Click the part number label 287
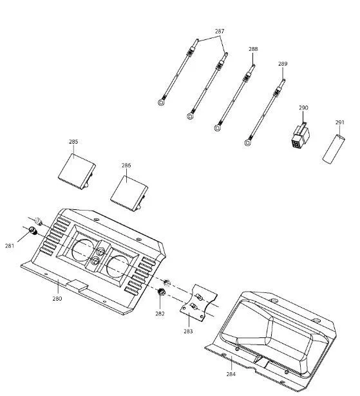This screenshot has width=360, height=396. tap(220, 32)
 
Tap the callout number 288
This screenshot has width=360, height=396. tap(253, 49)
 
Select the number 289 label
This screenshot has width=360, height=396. tap(283, 64)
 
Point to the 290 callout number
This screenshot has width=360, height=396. tap(303, 108)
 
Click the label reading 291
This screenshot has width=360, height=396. tap(340, 122)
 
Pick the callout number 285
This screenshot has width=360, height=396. tap(73, 142)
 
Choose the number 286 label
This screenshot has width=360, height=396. tap(126, 165)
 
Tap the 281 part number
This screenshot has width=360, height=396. tap(10, 245)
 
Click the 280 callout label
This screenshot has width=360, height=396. tap(57, 298)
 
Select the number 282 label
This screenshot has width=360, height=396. tap(160, 314)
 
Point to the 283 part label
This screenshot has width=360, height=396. tap(188, 331)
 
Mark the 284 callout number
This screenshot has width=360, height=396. tap(231, 374)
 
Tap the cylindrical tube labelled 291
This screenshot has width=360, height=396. tap(334, 149)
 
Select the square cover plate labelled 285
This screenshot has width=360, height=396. tap(77, 171)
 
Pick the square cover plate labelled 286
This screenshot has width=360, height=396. tap(129, 193)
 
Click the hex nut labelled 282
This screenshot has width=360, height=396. tap(160, 292)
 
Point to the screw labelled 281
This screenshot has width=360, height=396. tap(33, 231)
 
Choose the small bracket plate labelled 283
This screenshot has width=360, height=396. tap(198, 303)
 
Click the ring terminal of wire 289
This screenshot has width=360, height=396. tap(248, 143)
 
